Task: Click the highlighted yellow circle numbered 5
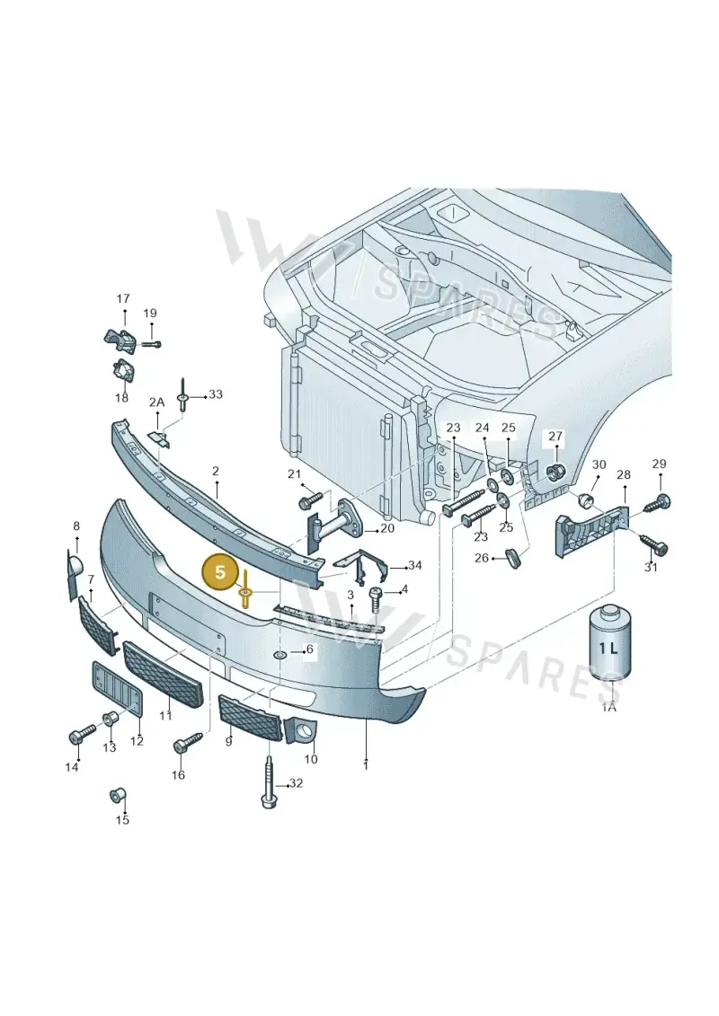[220, 572]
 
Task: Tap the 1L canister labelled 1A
[608, 644]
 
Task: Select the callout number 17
[122, 299]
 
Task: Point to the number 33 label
[215, 394]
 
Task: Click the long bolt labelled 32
[269, 780]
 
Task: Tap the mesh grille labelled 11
[163, 675]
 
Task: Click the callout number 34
[415, 566]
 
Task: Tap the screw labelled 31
[653, 545]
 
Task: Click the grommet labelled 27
[555, 471]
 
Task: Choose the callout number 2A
[157, 402]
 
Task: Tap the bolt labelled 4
[376, 598]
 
